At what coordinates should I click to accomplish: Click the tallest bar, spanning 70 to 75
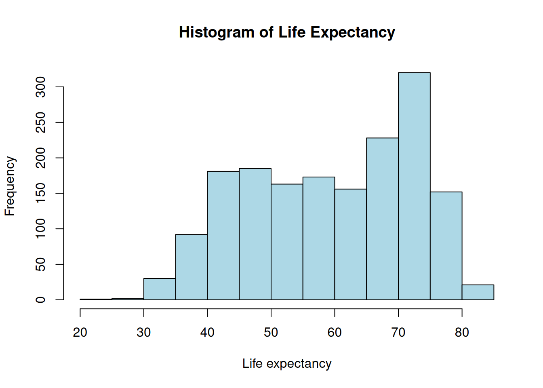(414, 186)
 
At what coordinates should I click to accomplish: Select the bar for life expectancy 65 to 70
(382, 219)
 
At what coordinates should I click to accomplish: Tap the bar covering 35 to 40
(192, 267)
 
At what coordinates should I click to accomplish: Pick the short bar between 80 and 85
(478, 292)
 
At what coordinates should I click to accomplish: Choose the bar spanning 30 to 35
(160, 289)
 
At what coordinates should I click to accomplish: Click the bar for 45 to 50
(255, 234)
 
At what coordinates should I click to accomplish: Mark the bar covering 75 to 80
(446, 246)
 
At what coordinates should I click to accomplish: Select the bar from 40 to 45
(223, 235)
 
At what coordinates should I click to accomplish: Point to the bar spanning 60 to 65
(350, 244)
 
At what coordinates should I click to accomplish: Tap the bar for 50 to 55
(287, 242)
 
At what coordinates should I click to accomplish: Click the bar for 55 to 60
(319, 238)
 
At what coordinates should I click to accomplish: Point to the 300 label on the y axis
(41, 87)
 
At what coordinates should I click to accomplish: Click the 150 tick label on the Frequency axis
(41, 193)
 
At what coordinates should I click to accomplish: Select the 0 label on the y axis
(41, 299)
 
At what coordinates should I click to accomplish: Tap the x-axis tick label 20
(80, 333)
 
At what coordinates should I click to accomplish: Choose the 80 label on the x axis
(462, 333)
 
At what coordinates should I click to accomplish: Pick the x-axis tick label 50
(271, 333)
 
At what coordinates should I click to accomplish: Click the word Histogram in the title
(217, 32)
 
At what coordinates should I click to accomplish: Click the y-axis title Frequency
(10, 186)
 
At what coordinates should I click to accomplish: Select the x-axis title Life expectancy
(287, 364)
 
